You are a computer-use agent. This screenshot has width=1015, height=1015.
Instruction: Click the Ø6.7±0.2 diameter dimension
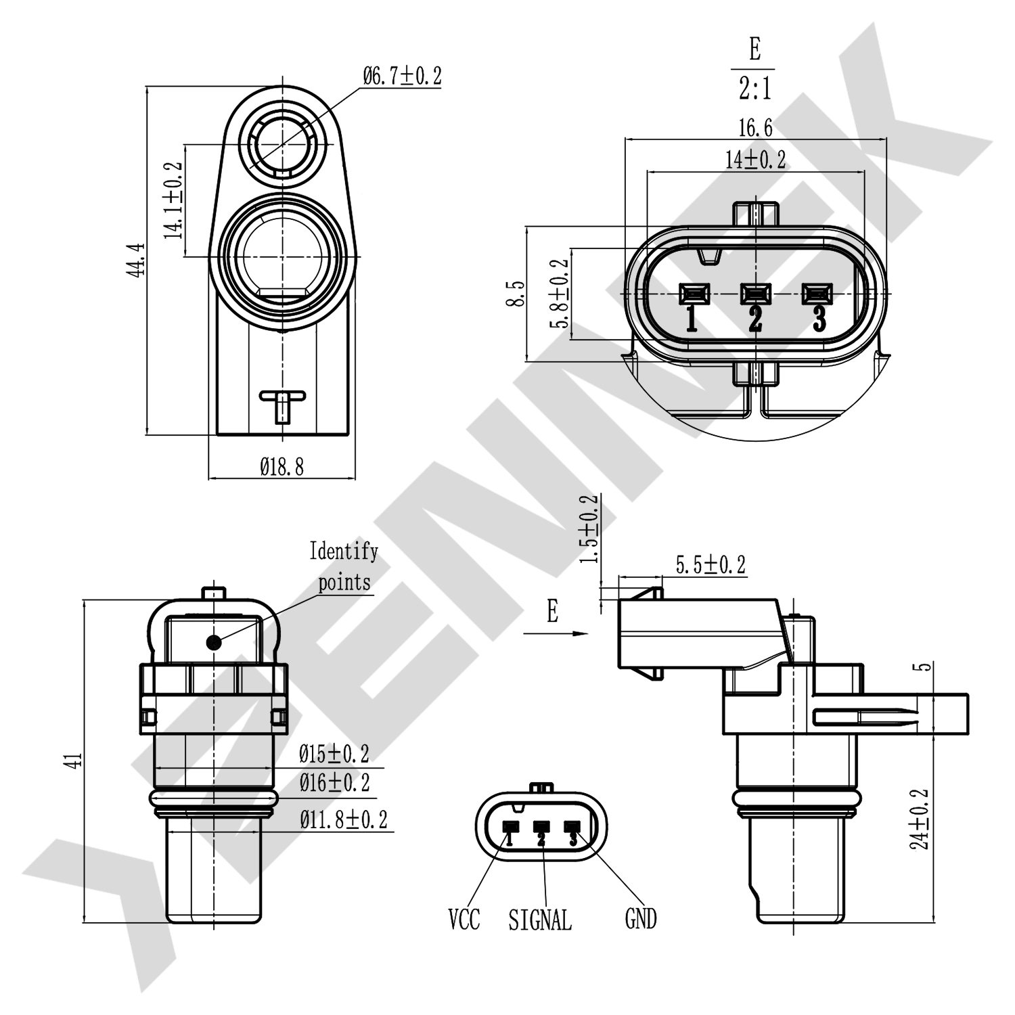coord(402,76)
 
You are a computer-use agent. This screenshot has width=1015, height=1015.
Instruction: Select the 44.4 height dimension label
coord(135,260)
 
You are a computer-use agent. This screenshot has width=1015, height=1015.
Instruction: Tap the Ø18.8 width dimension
coord(281,466)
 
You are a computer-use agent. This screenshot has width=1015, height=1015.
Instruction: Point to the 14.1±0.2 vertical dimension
coord(173,200)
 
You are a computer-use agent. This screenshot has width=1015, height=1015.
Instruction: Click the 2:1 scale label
coord(754,88)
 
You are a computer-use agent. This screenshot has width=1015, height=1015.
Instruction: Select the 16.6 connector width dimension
coord(755,127)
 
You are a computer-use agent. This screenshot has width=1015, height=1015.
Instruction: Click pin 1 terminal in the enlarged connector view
coord(694,294)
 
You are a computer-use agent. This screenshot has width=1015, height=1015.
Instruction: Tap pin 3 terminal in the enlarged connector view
coord(817,294)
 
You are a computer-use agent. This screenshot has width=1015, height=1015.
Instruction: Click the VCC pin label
coord(464,919)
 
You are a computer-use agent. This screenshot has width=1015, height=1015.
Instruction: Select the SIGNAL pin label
coord(540,920)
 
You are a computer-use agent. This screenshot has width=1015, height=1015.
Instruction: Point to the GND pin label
coord(640,919)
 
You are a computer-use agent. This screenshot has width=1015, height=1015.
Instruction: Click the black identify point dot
coord(214,642)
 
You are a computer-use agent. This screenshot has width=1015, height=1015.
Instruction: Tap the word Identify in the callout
coord(344,551)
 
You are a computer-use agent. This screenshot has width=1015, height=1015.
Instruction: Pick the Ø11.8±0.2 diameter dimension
coord(344,820)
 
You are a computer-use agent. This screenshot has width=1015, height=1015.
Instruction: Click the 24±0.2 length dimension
coord(920,819)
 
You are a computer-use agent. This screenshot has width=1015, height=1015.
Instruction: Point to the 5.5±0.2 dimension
coord(710,564)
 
